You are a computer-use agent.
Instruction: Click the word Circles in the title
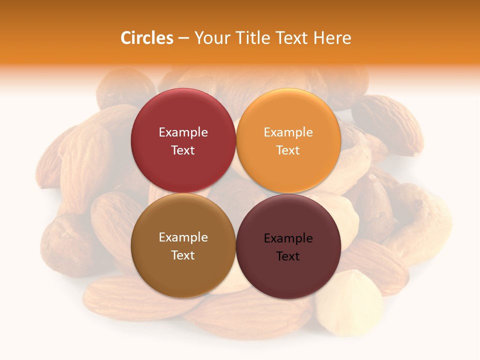click(146, 38)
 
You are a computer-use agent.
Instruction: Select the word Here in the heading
click(332, 38)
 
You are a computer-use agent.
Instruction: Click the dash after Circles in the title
click(183, 38)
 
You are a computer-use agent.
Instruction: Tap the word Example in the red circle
click(183, 132)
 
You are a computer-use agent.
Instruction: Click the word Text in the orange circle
click(288, 150)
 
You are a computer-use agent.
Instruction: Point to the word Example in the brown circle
click(183, 237)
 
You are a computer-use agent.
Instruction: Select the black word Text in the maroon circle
click(288, 256)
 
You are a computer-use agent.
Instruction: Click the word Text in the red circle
click(183, 150)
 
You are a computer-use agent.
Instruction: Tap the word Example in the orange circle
click(288, 132)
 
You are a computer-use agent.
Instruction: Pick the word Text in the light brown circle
click(183, 255)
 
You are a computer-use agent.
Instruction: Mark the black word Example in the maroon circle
click(288, 238)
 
